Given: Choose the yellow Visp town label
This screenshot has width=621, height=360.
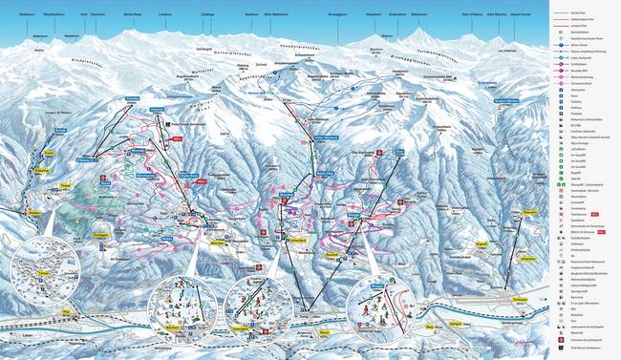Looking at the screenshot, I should [66, 310].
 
